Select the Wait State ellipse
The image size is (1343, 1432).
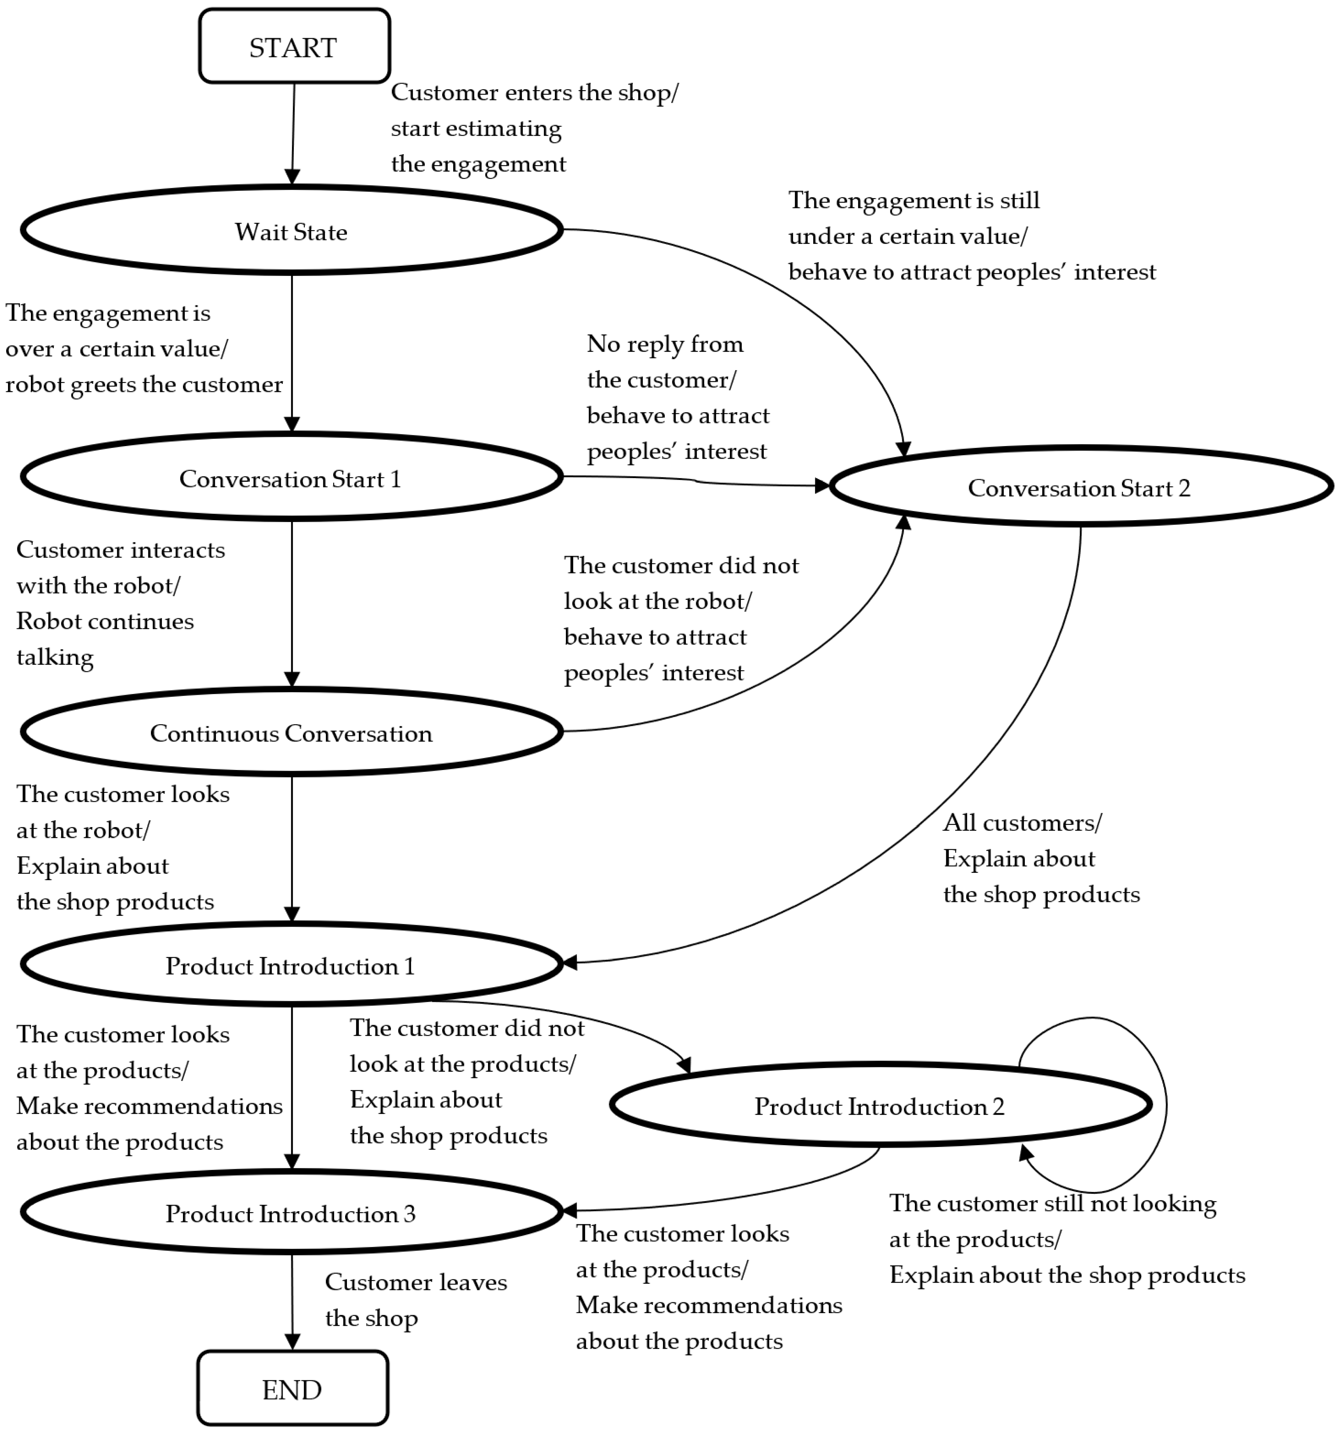(x=291, y=230)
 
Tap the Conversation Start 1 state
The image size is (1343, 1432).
(x=291, y=478)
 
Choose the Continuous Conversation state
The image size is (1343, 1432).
(x=291, y=733)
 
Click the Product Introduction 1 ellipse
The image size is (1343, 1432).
(x=291, y=965)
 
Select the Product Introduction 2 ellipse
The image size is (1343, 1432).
(x=879, y=1106)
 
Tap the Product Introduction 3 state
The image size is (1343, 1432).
(x=291, y=1213)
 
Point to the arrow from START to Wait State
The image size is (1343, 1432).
(x=293, y=133)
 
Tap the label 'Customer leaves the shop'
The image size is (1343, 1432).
(x=416, y=1299)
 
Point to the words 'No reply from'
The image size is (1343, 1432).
(x=664, y=344)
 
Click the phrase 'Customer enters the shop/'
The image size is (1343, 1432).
(x=534, y=92)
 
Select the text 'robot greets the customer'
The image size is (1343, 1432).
(x=144, y=384)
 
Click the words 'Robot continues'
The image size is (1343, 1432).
(x=105, y=621)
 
